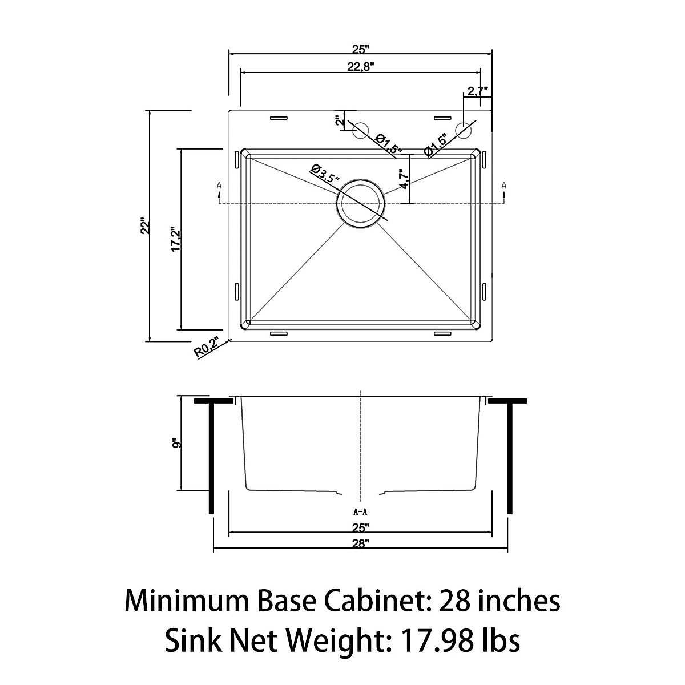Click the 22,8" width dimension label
click(360, 66)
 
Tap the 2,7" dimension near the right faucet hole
click(477, 91)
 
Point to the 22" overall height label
click(146, 226)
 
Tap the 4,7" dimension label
click(404, 179)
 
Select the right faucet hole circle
click(464, 130)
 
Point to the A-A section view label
click(360, 512)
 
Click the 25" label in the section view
click(361, 527)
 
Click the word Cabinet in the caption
click(358, 601)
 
